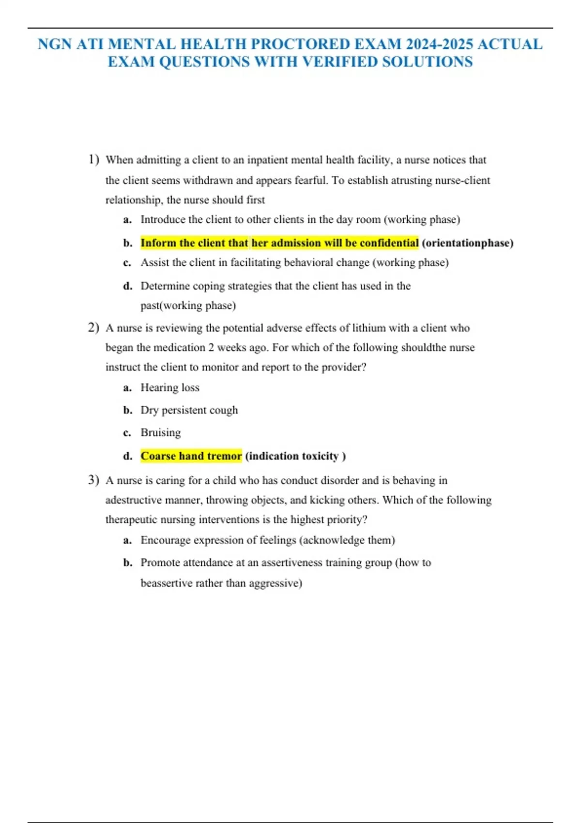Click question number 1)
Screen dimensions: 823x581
(x=94, y=159)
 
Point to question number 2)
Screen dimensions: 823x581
(x=94, y=328)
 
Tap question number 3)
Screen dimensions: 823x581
(x=94, y=480)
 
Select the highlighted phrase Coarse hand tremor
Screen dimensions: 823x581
(x=191, y=456)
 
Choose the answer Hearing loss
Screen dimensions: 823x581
(x=170, y=388)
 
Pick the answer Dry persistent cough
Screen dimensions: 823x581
(x=189, y=410)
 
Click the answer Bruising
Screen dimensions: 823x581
(x=161, y=432)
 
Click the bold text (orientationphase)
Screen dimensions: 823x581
(x=467, y=243)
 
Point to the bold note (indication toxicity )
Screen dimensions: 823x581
(x=295, y=456)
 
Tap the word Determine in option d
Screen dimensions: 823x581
(x=165, y=286)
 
